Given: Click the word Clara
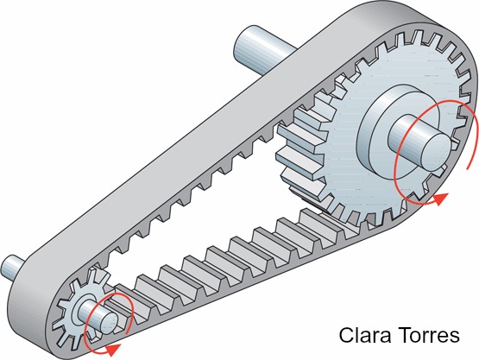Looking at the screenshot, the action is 365,335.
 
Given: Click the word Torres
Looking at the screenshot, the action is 429,335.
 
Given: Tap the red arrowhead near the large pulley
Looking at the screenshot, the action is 440,199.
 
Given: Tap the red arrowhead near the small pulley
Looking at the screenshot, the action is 113,350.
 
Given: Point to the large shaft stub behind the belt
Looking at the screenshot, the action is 263,50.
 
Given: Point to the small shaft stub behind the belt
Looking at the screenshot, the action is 12,268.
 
